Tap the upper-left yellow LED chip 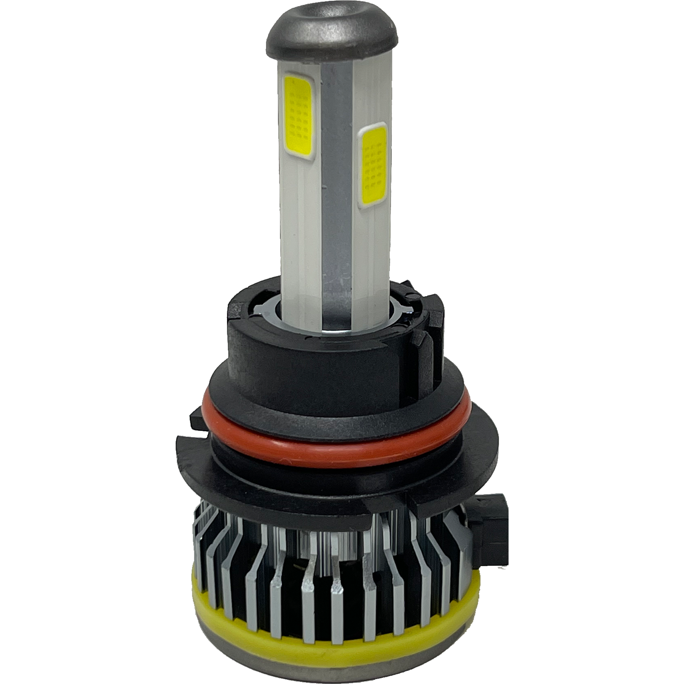(298, 116)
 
